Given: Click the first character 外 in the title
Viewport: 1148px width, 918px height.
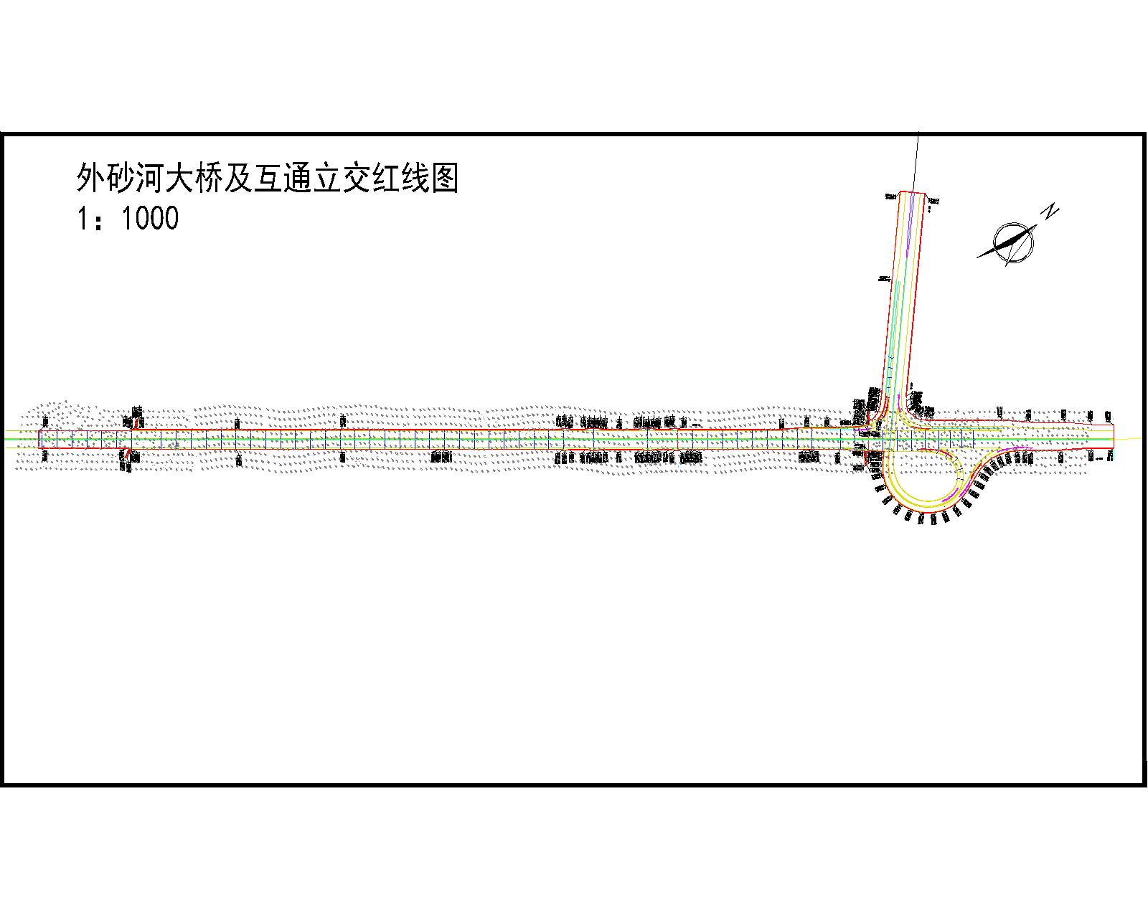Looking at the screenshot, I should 90,178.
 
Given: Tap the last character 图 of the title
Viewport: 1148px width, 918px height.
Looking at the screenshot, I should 445,178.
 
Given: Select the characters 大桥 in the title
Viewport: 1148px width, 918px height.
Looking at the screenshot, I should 195,178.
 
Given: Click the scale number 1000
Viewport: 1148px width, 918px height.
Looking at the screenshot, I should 150,218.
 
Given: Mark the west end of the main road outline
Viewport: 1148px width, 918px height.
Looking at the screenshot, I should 39,439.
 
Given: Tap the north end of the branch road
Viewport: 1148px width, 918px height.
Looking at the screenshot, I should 912,193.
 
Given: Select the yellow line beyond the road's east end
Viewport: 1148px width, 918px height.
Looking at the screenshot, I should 1130,438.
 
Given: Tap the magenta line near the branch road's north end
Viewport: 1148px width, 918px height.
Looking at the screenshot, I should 910,229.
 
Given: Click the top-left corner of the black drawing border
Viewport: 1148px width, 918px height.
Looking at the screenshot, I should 3,134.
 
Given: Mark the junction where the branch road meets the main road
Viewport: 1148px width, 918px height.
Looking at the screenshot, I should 890,427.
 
